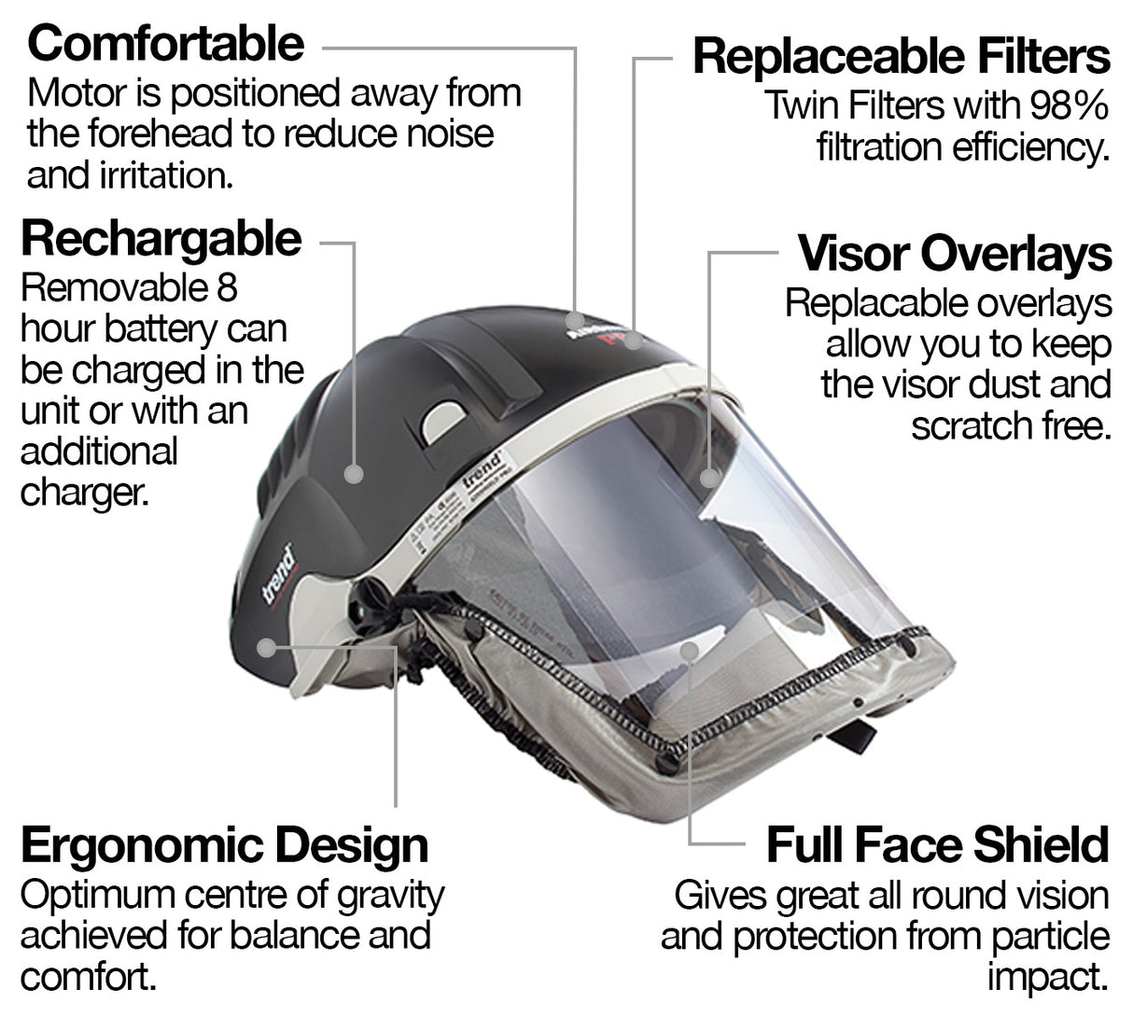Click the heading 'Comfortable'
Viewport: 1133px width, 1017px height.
165,43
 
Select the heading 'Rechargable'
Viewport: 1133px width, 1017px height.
161,239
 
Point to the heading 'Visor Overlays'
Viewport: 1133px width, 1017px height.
955,254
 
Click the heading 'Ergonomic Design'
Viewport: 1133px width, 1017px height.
224,845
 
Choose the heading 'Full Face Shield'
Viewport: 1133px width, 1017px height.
937,845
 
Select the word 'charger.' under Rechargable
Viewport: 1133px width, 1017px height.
84,493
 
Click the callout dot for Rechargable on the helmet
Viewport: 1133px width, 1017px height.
353,474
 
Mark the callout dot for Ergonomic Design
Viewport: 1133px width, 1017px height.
270,646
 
